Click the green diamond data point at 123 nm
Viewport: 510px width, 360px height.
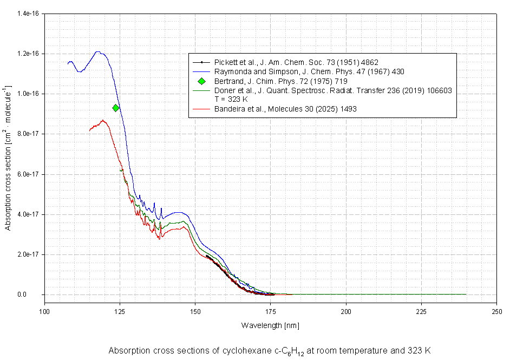(x=116, y=108)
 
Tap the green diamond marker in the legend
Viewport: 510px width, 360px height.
(x=201, y=81)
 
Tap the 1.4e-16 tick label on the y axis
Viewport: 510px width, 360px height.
(x=28, y=14)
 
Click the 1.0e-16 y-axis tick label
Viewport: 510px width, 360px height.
(x=28, y=94)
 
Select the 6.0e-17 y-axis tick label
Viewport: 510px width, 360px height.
(x=28, y=174)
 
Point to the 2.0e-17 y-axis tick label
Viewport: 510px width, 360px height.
(x=28, y=254)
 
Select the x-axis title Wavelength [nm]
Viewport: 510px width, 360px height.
(x=270, y=325)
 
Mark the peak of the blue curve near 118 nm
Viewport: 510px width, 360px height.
(x=97, y=52)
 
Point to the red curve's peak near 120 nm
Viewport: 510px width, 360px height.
(x=102, y=120)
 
